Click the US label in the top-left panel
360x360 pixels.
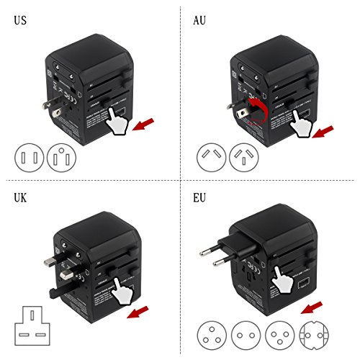tap(22, 20)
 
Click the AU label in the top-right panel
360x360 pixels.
tap(199, 20)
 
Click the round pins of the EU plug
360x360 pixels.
tap(208, 254)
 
